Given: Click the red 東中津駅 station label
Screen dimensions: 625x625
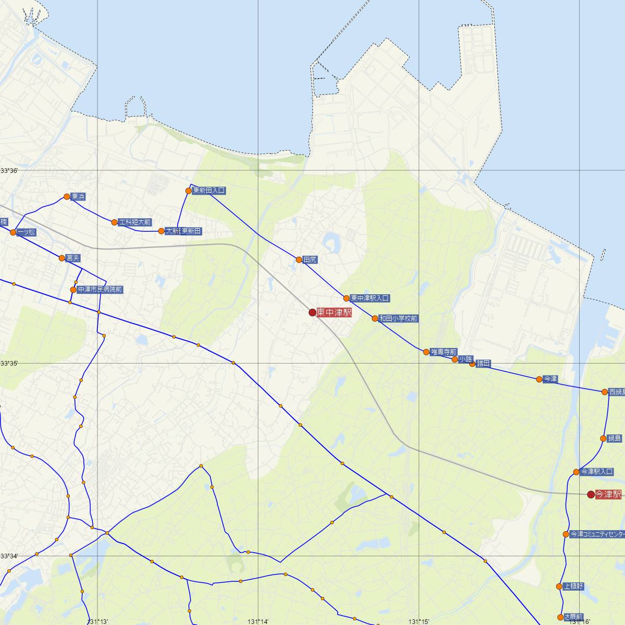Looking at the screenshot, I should click(x=334, y=312).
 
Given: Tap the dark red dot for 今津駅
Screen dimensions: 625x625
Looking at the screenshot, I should click(x=591, y=494).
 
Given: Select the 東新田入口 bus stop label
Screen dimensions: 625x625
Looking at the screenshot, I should click(x=209, y=191).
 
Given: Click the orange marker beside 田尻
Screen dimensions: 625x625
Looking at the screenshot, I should click(x=299, y=259).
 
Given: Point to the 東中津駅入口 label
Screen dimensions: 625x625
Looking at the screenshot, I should click(x=370, y=298).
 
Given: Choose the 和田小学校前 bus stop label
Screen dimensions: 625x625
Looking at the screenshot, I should click(x=398, y=318).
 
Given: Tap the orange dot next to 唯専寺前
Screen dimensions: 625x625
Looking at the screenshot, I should click(x=426, y=352).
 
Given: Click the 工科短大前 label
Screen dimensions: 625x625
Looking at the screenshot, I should click(x=135, y=222).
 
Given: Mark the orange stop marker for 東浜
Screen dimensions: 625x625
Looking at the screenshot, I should click(x=67, y=196).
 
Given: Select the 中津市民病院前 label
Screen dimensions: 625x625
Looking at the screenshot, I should click(x=100, y=289).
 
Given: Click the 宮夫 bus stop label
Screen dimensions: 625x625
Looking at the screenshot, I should click(x=73, y=258).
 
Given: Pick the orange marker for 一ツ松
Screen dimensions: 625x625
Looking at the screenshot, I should click(x=13, y=232).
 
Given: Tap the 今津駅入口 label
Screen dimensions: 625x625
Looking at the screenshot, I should click(x=596, y=472).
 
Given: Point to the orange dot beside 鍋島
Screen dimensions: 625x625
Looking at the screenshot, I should click(x=603, y=439).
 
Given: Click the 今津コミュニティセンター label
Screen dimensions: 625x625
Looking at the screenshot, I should click(x=597, y=534).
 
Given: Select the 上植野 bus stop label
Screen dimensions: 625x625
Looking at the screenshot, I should click(x=573, y=586).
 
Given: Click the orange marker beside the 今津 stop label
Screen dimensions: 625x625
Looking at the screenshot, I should click(x=539, y=379).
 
